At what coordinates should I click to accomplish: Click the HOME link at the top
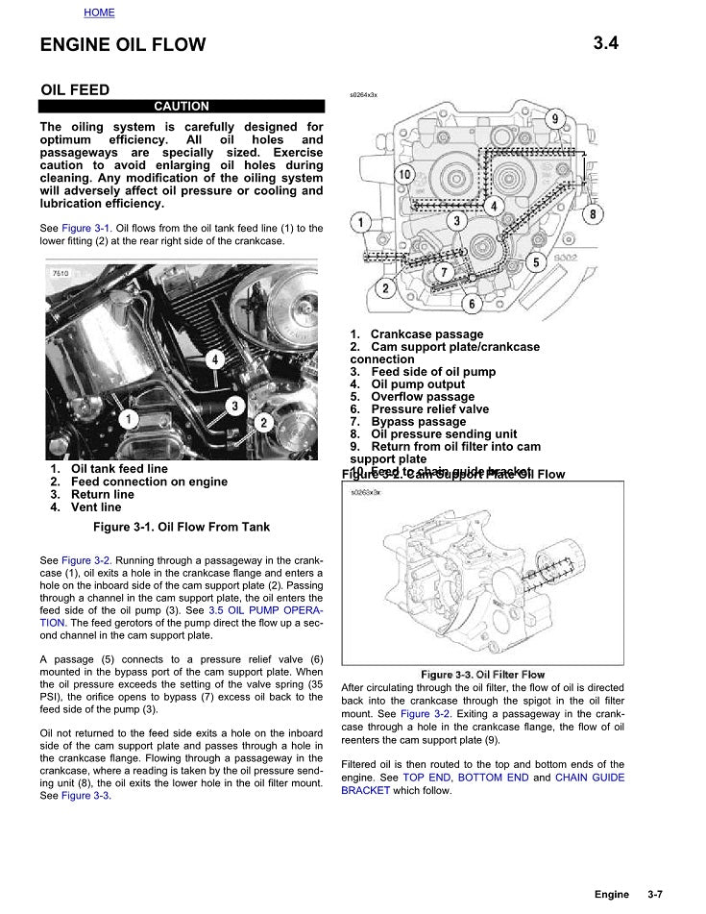99,12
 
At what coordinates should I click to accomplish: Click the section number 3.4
605,42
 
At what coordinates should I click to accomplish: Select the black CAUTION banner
182,107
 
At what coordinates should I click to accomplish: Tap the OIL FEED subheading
75,90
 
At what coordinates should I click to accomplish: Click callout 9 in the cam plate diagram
554,118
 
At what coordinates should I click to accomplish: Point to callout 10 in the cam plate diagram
404,175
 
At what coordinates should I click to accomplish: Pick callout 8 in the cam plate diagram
593,213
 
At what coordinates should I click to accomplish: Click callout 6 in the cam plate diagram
471,304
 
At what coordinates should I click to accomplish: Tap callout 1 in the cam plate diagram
361,223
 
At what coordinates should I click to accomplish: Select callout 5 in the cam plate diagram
536,261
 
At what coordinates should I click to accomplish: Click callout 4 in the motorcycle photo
214,359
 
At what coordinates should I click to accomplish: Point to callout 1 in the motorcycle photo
127,418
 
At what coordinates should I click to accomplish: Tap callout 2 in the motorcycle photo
265,421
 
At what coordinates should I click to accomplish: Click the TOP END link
426,778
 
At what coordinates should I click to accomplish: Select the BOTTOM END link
493,778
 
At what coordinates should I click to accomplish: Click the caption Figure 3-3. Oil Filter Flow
482,675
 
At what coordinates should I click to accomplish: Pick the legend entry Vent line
96,506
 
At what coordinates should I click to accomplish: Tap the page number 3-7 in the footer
655,895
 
